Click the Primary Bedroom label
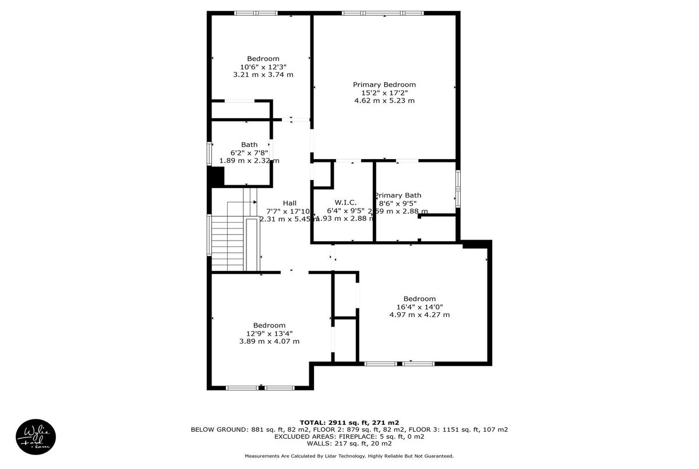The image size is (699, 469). click(x=384, y=84)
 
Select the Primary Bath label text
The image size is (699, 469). click(x=398, y=195)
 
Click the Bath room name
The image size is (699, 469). click(x=249, y=144)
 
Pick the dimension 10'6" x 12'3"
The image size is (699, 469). click(x=263, y=66)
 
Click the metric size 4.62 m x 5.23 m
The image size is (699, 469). click(x=384, y=101)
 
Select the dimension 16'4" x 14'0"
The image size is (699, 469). click(x=419, y=307)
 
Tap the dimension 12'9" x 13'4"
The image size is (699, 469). click(x=269, y=333)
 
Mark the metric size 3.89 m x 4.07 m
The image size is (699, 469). click(x=269, y=341)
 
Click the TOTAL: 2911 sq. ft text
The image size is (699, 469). click(x=349, y=422)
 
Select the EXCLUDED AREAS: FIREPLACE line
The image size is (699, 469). click(x=349, y=436)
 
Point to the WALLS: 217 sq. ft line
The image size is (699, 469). click(x=349, y=443)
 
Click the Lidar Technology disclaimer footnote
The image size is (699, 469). click(x=349, y=456)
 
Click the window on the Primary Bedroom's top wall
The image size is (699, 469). click(x=383, y=13)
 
